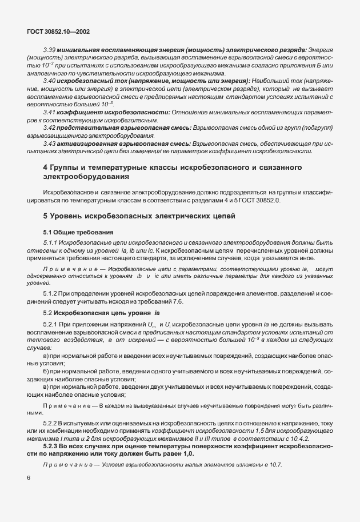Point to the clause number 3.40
[x=49, y=82]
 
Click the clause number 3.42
[x=49, y=127]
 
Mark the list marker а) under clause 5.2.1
[x=46, y=356]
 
